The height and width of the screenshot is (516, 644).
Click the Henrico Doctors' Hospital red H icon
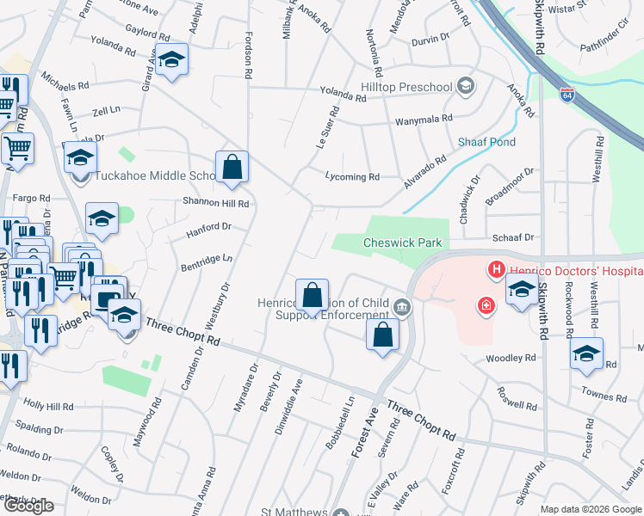[497, 270]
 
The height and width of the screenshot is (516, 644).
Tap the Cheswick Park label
[402, 243]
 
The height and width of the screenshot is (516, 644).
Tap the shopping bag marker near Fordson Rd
[232, 167]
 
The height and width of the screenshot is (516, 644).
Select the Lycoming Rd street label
[352, 177]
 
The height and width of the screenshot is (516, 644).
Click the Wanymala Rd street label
[423, 122]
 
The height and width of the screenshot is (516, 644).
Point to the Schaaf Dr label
[513, 237]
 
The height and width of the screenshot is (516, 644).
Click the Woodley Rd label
[510, 358]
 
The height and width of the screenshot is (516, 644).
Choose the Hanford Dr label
[209, 227]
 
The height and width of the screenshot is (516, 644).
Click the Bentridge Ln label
[207, 258]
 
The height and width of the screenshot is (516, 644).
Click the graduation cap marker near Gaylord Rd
[172, 59]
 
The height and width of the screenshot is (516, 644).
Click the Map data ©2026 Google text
[590, 509]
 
